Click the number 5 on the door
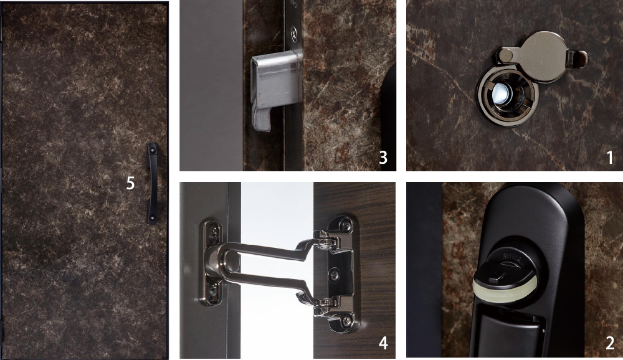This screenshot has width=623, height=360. pos(130,183)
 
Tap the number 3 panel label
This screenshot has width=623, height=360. pos(383,158)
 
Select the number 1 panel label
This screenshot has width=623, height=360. pos(610,158)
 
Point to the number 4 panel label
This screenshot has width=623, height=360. pos(383,343)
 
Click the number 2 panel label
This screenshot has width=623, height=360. pos(610,343)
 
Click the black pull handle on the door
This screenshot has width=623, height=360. pos(152,184)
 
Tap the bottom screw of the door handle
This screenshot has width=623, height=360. pos(152,218)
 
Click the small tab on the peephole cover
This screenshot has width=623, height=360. pos(578,59)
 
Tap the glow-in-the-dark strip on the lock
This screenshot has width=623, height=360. pos(505,289)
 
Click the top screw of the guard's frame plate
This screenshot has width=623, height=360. pos(214,230)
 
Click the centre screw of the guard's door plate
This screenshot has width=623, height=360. pos(335,273)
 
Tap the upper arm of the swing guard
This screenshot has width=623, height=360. pos(270,250)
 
